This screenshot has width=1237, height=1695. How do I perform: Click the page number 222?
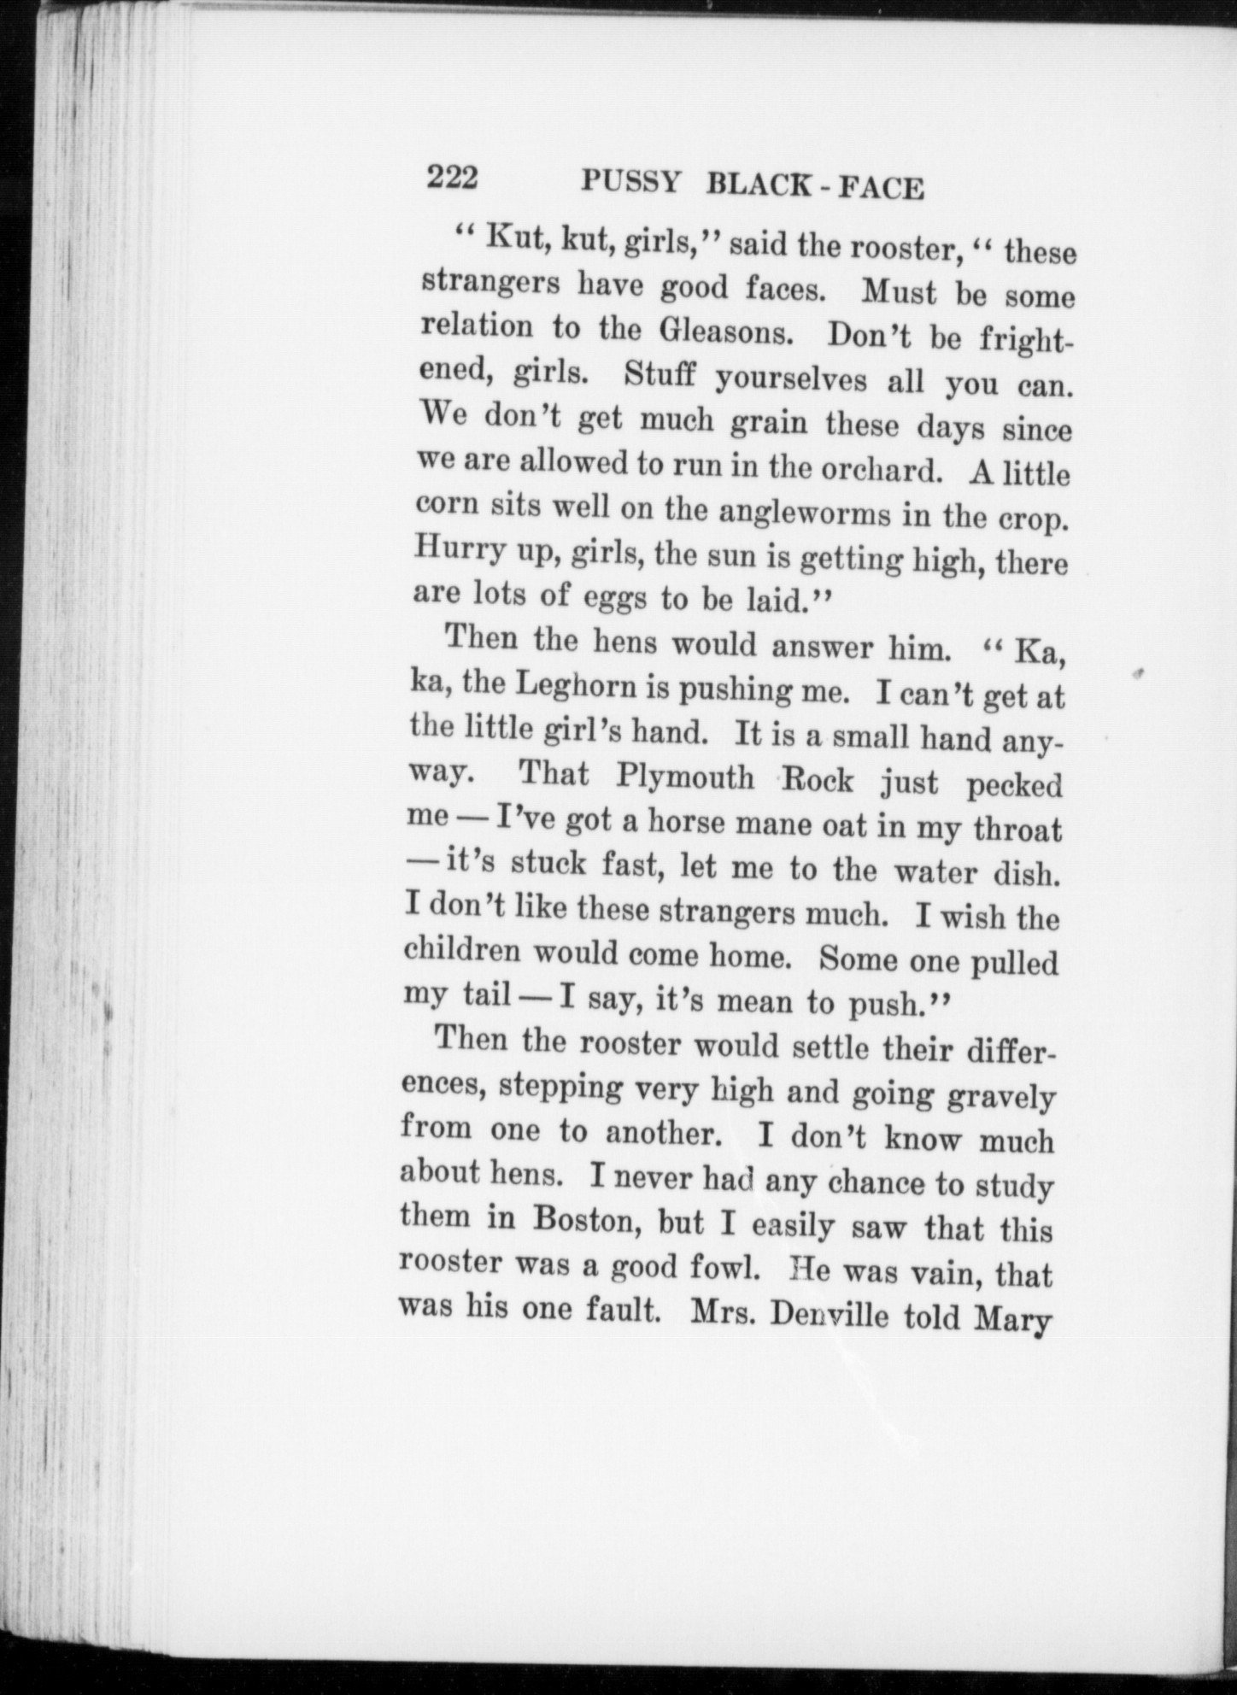click(453, 179)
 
